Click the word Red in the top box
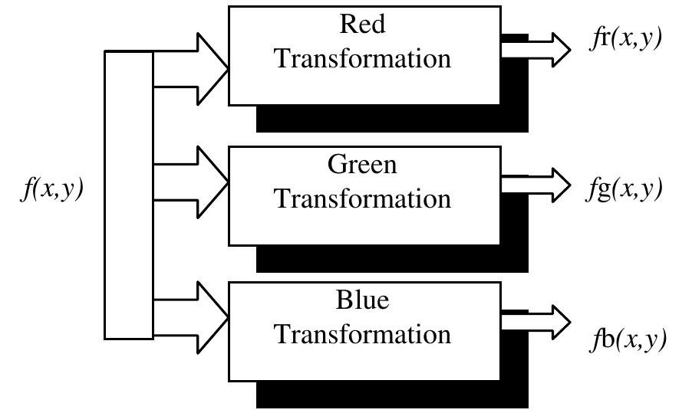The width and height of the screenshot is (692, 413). pyautogui.click(x=363, y=24)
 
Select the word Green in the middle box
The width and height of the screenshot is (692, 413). pyautogui.click(x=363, y=164)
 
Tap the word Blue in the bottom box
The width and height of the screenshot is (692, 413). pyautogui.click(x=363, y=300)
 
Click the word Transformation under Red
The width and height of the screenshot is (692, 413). pyautogui.click(x=363, y=58)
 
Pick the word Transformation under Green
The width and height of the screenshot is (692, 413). pyautogui.click(x=363, y=198)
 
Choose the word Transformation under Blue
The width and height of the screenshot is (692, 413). pyautogui.click(x=363, y=334)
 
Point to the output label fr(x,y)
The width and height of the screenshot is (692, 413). pyautogui.click(x=626, y=39)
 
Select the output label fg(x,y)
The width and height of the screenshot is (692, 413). pyautogui.click(x=624, y=188)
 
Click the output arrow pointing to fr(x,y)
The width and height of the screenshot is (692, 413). pyautogui.click(x=537, y=50)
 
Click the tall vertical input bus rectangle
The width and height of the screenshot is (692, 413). pyautogui.click(x=129, y=195)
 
